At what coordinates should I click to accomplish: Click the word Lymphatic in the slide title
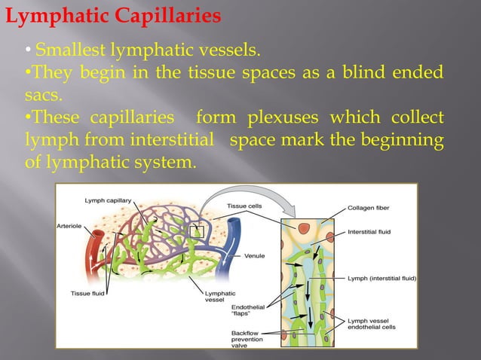51,14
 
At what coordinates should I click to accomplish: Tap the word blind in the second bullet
366,75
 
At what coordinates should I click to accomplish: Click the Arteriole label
70,224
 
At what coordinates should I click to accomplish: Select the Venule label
255,256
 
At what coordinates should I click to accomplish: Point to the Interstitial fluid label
370,232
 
